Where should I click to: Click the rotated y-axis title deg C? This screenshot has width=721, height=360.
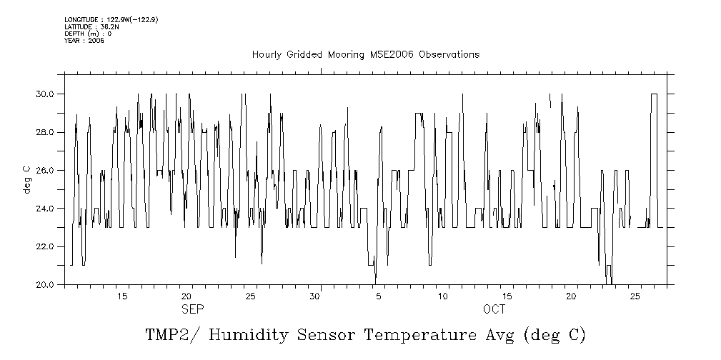[26, 179]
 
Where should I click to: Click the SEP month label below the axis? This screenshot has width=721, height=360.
[192, 309]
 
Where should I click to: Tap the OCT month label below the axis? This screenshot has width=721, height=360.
[494, 309]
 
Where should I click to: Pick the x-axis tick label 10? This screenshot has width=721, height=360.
[442, 296]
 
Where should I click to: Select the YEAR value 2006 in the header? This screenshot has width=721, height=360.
[96, 41]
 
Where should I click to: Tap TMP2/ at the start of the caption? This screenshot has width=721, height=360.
[171, 335]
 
